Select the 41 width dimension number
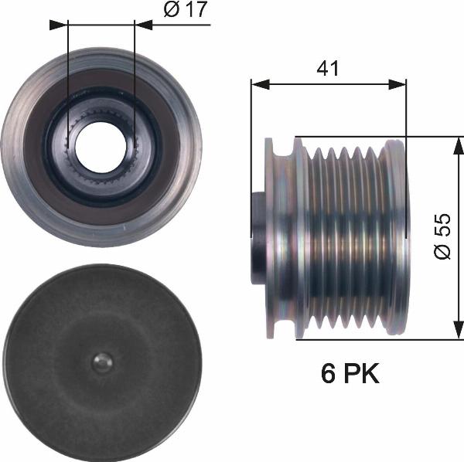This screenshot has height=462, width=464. pos(329,68)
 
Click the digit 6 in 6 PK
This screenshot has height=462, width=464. pos(329,375)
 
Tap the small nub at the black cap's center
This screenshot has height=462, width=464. pos(101,362)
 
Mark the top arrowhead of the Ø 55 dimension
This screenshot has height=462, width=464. pos(458,144)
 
